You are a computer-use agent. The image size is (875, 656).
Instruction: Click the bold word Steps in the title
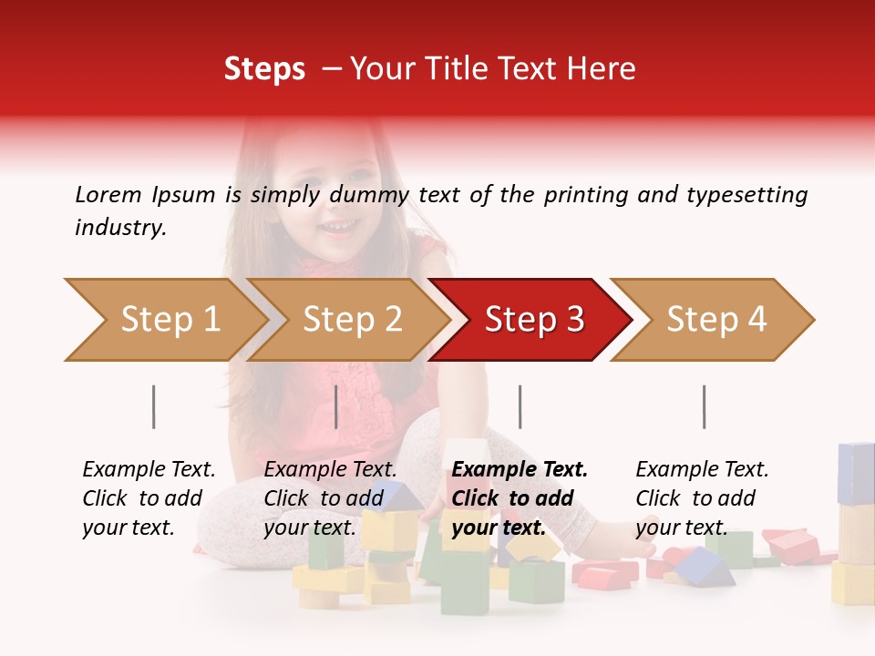264,69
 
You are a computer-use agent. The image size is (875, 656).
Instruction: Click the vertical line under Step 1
154,406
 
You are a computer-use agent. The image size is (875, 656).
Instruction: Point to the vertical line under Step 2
336,406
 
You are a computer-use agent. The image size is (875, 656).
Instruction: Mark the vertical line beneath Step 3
520,406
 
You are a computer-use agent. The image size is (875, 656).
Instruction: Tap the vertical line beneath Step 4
704,406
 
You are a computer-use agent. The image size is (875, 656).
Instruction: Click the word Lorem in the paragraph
108,195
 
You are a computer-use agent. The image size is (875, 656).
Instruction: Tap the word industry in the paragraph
120,228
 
